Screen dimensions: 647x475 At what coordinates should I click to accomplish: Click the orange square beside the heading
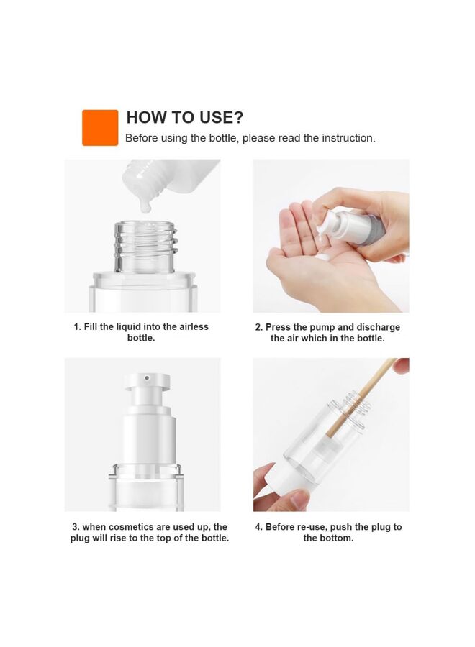[100, 128]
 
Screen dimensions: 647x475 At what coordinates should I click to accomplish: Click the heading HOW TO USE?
[185, 118]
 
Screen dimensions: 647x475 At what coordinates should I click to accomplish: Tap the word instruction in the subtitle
[348, 138]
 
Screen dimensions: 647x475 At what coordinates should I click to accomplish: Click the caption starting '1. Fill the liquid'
[141, 332]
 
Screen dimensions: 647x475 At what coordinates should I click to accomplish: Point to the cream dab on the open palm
[323, 257]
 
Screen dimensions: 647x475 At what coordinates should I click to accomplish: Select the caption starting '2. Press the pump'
[327, 332]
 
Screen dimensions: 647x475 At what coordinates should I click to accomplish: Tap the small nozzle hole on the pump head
[146, 377]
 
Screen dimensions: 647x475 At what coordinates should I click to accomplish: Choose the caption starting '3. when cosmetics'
[150, 533]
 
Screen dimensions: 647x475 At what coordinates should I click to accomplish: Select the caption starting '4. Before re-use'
[328, 533]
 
